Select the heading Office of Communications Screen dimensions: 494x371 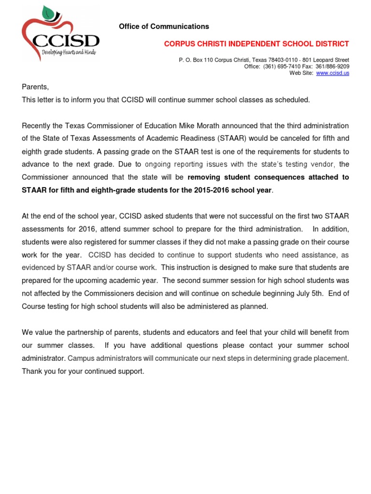tap(164, 27)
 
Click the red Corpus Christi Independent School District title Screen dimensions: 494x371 tap(256, 44)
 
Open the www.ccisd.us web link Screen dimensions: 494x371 tap(332, 73)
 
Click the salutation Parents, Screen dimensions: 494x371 tap(35, 87)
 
